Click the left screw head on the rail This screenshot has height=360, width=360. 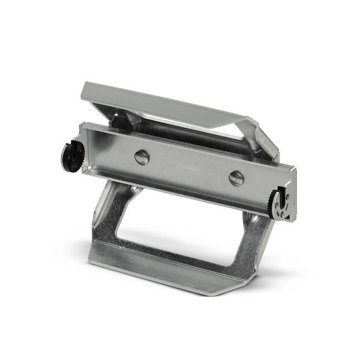142,158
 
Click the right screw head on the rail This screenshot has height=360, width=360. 236,178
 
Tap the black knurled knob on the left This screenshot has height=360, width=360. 71,155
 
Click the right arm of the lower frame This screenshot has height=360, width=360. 252,240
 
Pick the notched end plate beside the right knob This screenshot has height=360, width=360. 290,195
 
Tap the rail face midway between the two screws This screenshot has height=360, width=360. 189,168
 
